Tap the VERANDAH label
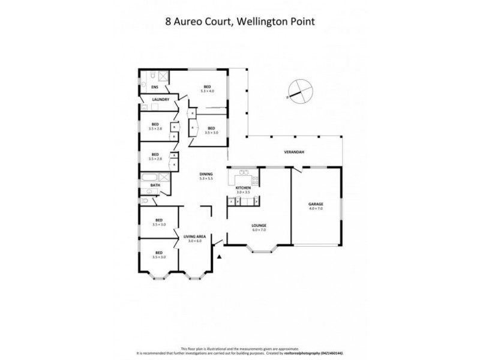pyautogui.click(x=294, y=152)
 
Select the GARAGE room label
pyautogui.click(x=316, y=204)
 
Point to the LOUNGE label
pyautogui.click(x=259, y=225)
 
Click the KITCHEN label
pyautogui.click(x=242, y=188)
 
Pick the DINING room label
pyautogui.click(x=206, y=174)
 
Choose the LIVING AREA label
pyautogui.click(x=195, y=236)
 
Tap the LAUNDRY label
pyautogui.click(x=160, y=100)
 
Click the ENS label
pyautogui.click(x=146, y=88)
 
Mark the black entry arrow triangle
pyautogui.click(x=220, y=257)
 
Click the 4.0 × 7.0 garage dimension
pyautogui.click(x=316, y=209)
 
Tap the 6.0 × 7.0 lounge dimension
pyautogui.click(x=259, y=230)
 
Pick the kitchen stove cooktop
pyautogui.click(x=254, y=180)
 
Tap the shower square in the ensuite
pyautogui.click(x=162, y=76)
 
